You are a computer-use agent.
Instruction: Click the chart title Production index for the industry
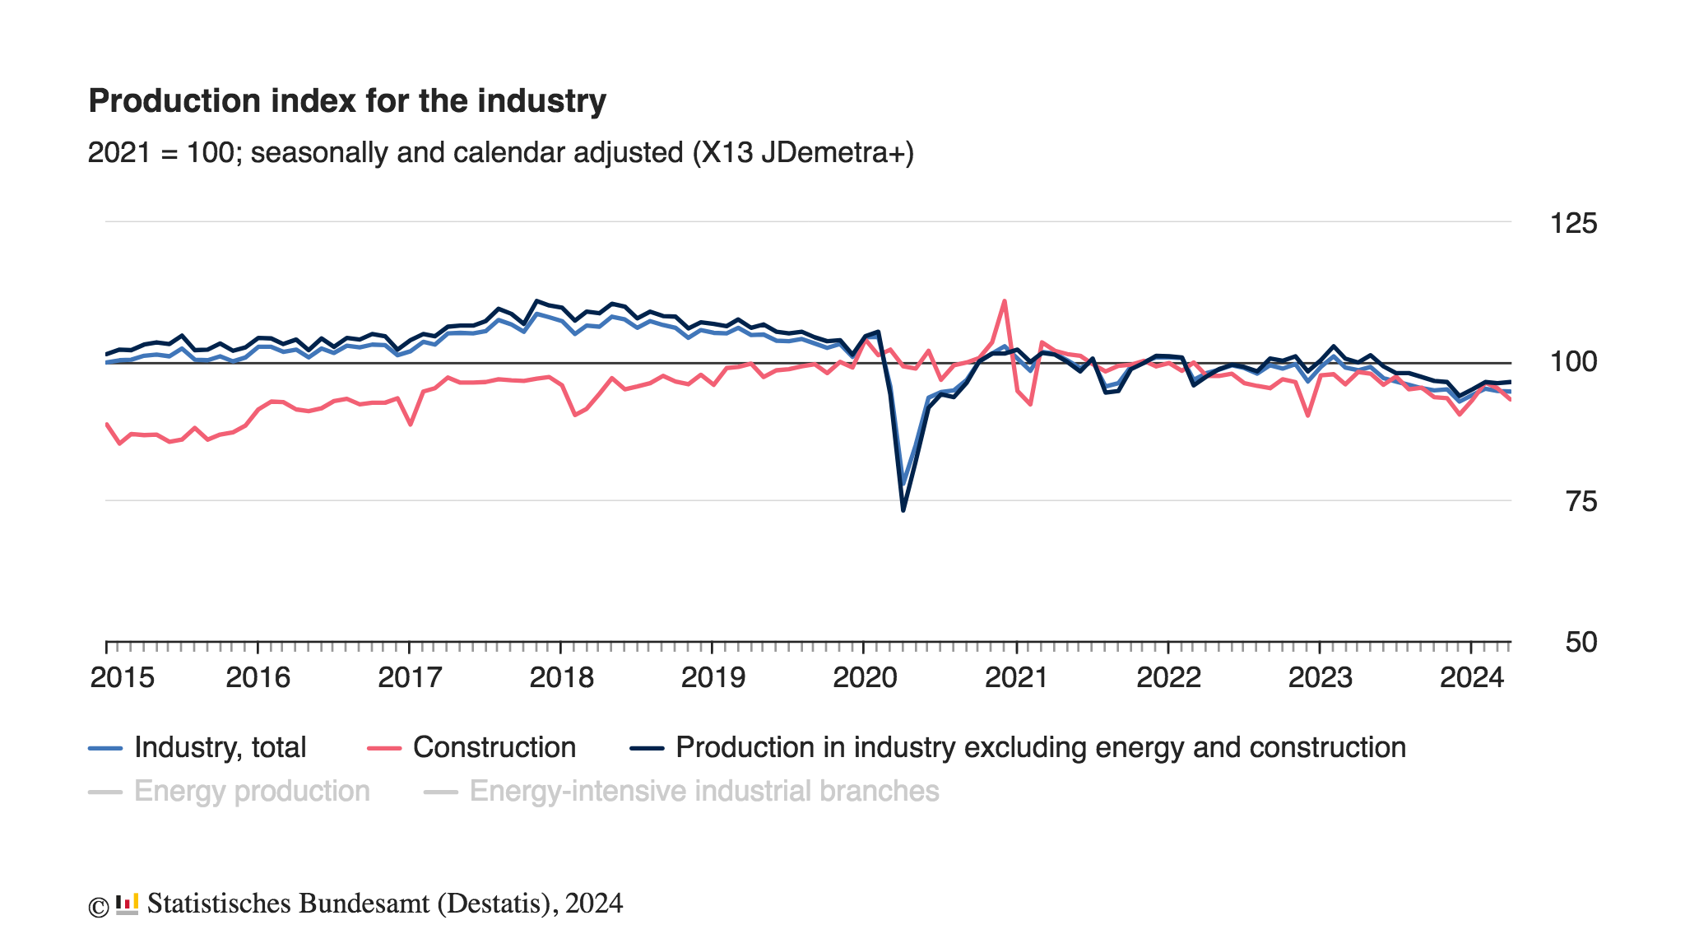pyautogui.click(x=346, y=101)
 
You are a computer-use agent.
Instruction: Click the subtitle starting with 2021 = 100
pyautogui.click(x=500, y=153)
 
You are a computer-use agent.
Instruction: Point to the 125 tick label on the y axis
pyautogui.click(x=1572, y=223)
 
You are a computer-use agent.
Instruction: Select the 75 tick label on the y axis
pyautogui.click(x=1581, y=501)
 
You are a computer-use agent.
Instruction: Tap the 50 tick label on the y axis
pyautogui.click(x=1581, y=642)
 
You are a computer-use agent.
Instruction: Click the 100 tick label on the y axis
pyautogui.click(x=1572, y=361)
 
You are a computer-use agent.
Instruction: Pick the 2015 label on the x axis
pyautogui.click(x=122, y=677)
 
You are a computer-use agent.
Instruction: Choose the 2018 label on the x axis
pyautogui.click(x=561, y=677)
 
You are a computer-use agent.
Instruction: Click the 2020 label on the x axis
pyautogui.click(x=865, y=677)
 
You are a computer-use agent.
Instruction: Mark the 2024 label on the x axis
pyautogui.click(x=1471, y=677)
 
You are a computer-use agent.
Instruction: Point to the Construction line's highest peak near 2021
pyautogui.click(x=1005, y=301)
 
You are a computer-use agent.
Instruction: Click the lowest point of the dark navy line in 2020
pyautogui.click(x=903, y=510)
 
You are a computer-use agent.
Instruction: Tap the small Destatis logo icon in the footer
pyautogui.click(x=127, y=904)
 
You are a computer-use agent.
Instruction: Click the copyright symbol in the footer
pyautogui.click(x=98, y=906)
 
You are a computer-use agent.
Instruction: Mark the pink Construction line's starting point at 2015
pyautogui.click(x=107, y=424)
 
